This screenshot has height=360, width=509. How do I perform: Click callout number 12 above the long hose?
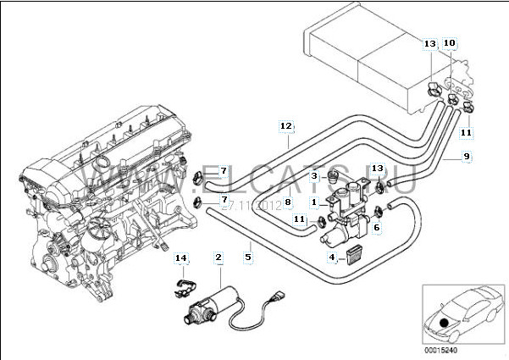pyautogui.click(x=286, y=126)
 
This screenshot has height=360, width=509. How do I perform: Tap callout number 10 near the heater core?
pyautogui.click(x=449, y=42)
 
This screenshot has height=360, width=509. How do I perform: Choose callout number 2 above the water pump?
pyautogui.click(x=219, y=257)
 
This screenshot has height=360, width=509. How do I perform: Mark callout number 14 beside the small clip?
pyautogui.click(x=180, y=258)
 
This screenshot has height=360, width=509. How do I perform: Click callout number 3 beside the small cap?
pyautogui.click(x=313, y=176)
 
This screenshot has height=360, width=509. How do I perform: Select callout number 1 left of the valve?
pyautogui.click(x=313, y=203)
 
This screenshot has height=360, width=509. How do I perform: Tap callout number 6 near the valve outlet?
pyautogui.click(x=376, y=227)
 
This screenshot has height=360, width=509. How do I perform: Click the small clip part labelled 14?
pyautogui.click(x=182, y=288)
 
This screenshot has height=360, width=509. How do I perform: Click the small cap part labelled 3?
pyautogui.click(x=333, y=178)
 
